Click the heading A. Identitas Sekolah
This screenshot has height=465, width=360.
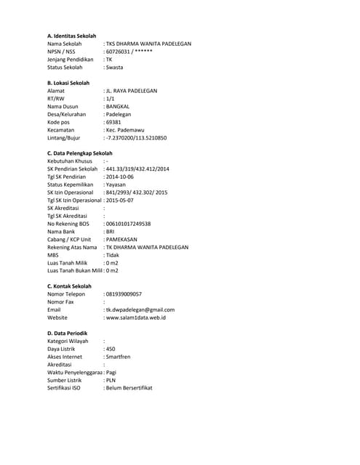click(71, 36)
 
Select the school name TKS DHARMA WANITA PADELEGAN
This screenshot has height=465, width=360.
click(149, 44)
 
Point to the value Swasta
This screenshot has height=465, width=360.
click(114, 67)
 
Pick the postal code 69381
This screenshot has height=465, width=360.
click(114, 122)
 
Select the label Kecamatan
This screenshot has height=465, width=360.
click(60, 129)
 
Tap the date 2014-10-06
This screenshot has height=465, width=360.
click(122, 177)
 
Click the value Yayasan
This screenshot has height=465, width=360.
click(116, 185)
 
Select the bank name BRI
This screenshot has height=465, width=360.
click(111, 232)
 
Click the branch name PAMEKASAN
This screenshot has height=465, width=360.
click(121, 239)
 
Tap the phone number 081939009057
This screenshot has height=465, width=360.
click(124, 294)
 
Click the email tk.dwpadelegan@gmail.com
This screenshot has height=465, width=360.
click(140, 310)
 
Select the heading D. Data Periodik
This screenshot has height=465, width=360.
click(68, 333)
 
